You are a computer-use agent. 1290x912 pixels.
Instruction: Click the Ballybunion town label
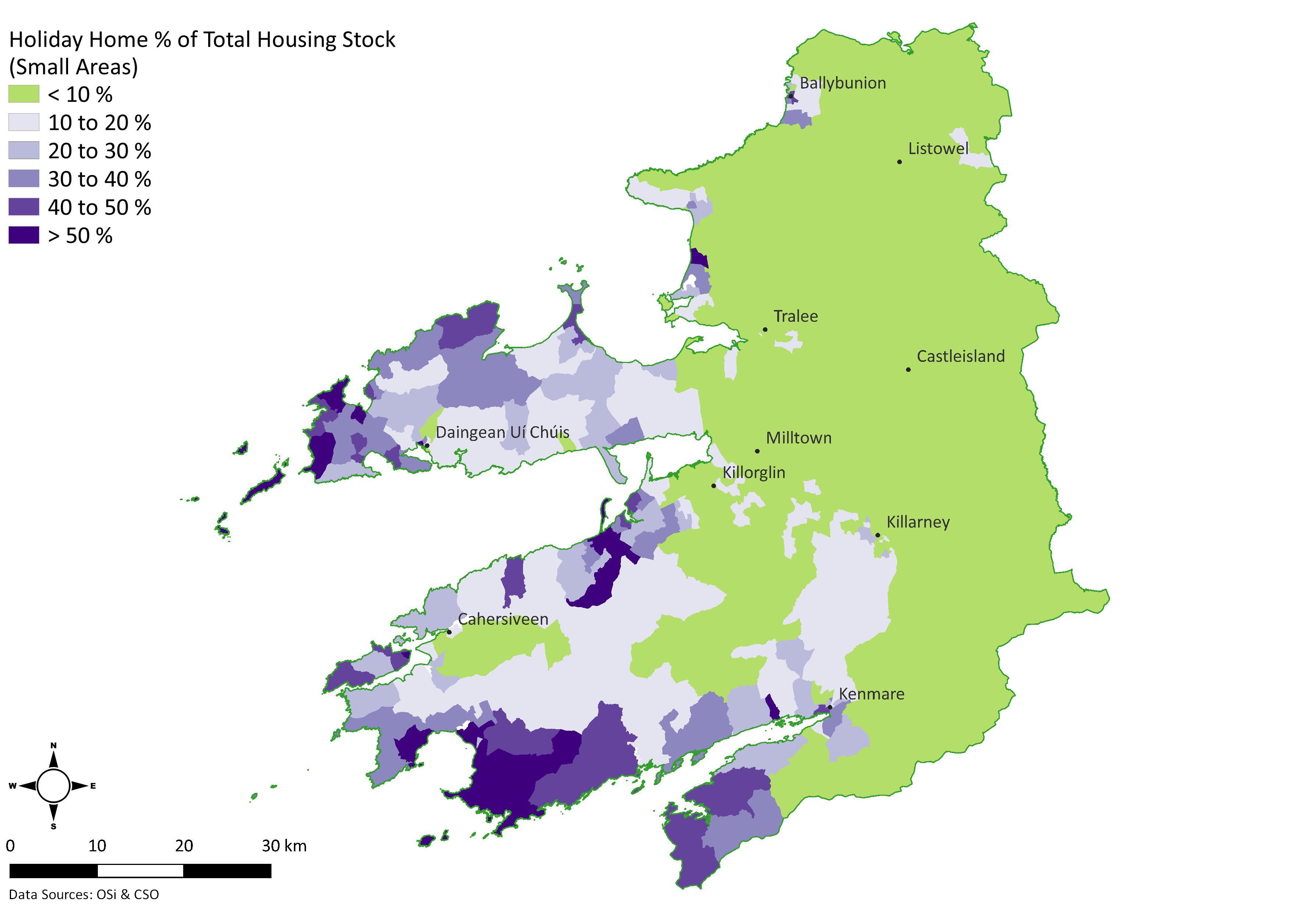pos(842,83)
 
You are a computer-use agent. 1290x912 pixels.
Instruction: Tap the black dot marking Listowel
pos(899,162)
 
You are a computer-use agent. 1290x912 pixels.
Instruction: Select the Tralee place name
pos(796,316)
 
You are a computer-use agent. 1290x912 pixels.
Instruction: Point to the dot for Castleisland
pos(908,370)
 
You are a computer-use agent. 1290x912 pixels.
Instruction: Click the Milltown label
pos(798,438)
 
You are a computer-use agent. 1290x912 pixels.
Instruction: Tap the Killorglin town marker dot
pos(714,486)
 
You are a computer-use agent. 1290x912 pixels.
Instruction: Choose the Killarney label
pos(918,522)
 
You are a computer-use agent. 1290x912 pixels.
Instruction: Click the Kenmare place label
pos(871,694)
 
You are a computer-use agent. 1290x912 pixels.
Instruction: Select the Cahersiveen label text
pos(503,619)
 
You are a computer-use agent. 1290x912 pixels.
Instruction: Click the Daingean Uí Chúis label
pos(502,432)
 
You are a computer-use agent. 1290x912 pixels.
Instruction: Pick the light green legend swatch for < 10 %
pos(24,94)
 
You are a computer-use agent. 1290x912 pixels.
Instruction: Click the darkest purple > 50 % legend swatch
pos(24,235)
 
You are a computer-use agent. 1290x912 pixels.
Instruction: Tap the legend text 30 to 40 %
pos(99,179)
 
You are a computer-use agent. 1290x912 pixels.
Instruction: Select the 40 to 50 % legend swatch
pos(24,207)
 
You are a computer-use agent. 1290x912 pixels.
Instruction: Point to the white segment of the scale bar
pos(141,871)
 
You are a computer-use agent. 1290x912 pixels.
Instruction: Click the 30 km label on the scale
pos(284,846)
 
